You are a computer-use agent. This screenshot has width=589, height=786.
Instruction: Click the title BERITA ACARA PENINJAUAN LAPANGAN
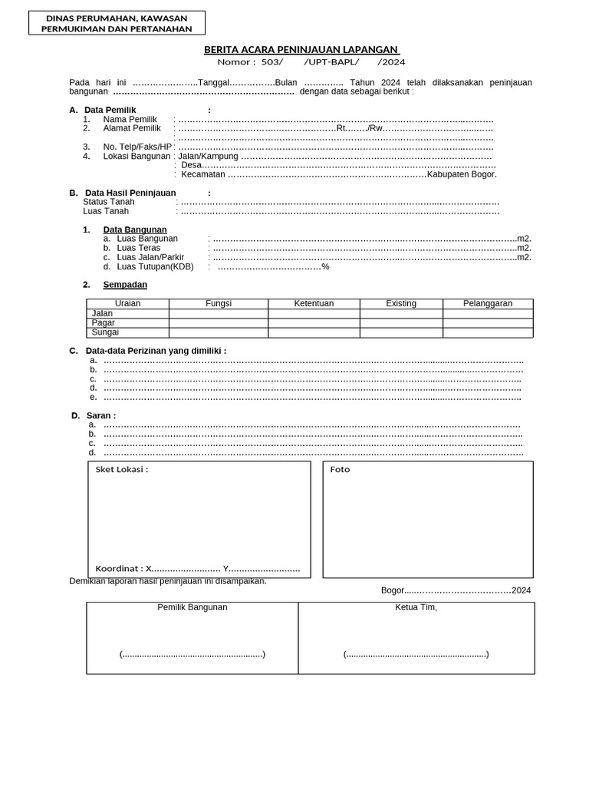(x=301, y=50)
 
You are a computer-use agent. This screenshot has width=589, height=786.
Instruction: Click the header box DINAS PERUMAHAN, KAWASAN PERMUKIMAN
(x=117, y=23)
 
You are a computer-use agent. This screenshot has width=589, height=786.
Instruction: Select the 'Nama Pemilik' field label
(x=130, y=119)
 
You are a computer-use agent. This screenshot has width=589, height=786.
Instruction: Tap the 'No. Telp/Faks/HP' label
(x=137, y=147)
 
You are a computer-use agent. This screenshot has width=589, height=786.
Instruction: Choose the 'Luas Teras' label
(x=139, y=248)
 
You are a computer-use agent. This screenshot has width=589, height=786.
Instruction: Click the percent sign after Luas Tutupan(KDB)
(x=325, y=266)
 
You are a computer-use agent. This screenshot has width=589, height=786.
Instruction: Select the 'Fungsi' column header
(x=219, y=304)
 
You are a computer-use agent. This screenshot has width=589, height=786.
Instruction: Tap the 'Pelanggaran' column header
(x=488, y=304)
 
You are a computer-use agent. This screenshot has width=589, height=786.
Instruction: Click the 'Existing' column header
(x=401, y=304)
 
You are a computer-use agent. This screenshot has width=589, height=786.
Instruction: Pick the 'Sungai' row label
(x=105, y=333)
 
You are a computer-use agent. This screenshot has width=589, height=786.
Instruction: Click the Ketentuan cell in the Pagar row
(x=314, y=323)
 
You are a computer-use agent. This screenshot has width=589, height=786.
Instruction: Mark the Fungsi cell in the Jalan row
(x=219, y=314)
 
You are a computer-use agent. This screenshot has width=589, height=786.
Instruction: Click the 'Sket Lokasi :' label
(x=121, y=470)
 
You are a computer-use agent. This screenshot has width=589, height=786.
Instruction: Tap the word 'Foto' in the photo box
(x=340, y=470)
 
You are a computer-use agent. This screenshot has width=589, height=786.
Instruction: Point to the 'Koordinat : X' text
(x=123, y=569)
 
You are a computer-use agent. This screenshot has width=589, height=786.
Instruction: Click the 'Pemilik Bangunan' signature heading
(x=192, y=607)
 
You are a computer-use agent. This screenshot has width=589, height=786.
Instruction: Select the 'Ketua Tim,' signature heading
(x=416, y=607)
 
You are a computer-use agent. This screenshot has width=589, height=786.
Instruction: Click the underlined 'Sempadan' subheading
(x=125, y=285)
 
